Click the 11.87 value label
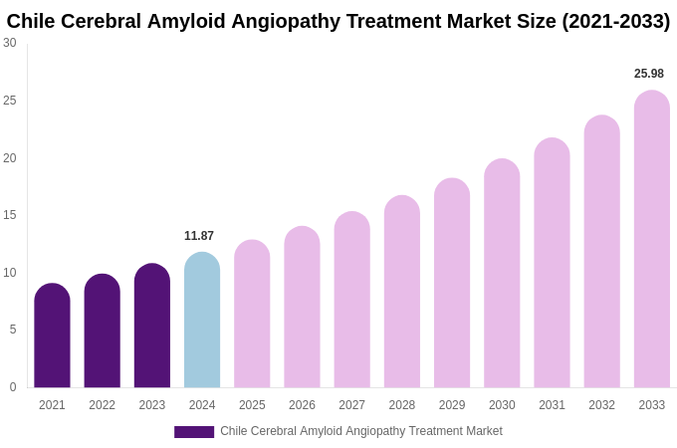(199, 236)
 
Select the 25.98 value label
(649, 74)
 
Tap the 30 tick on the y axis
(10, 43)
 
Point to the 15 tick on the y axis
(10, 215)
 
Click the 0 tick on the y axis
(12, 387)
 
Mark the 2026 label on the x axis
(302, 405)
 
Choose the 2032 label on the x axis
(601, 405)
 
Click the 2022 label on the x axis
(102, 405)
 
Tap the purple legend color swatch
(194, 432)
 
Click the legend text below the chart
(360, 431)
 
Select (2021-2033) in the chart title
(615, 21)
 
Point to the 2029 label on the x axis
(452, 405)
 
